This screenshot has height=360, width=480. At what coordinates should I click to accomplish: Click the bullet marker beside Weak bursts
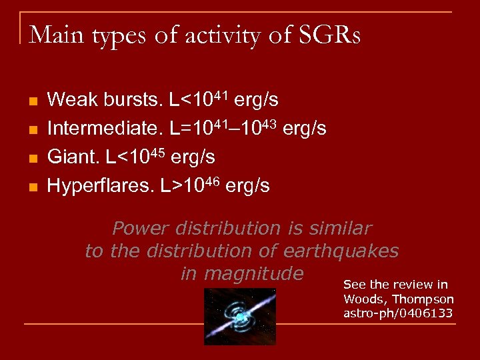31,101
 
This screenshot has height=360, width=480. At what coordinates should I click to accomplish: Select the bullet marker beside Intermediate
31,130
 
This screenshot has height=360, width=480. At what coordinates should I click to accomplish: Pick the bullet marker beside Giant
31,159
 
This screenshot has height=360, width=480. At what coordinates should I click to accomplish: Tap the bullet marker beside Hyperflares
31,187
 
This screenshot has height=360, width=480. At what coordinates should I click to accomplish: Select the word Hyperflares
101,186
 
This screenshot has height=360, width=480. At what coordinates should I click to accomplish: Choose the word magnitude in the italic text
254,274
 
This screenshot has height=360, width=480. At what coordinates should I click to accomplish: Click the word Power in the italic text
139,229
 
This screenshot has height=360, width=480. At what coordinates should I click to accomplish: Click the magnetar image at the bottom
239,316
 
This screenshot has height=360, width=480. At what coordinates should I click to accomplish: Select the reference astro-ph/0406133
397,313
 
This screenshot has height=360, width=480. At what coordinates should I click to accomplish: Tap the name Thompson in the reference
423,300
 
